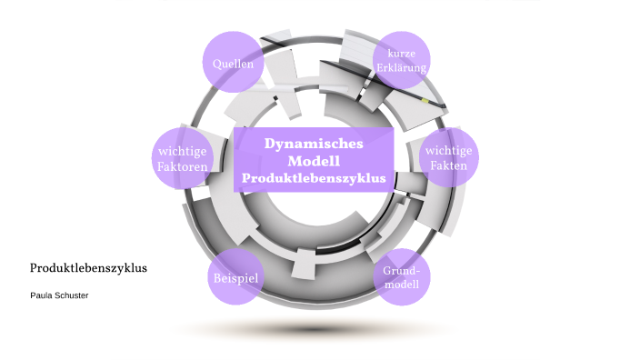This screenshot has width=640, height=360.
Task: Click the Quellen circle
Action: pyautogui.click(x=233, y=64)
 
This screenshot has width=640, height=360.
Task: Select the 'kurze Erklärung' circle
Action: pyautogui.click(x=401, y=61)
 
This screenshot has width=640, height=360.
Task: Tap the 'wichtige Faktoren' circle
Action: pyautogui.click(x=183, y=158)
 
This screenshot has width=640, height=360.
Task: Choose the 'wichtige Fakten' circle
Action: pyautogui.click(x=450, y=158)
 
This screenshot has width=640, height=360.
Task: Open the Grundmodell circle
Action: pyautogui.click(x=401, y=277)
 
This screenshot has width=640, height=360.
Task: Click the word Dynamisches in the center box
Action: pyautogui.click(x=314, y=144)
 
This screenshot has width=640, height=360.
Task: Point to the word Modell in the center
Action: pyautogui.click(x=314, y=161)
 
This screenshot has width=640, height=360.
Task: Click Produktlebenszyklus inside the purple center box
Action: pyautogui.click(x=314, y=178)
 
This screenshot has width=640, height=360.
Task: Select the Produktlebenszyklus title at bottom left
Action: pyautogui.click(x=88, y=268)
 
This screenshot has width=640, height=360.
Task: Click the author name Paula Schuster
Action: pyautogui.click(x=59, y=295)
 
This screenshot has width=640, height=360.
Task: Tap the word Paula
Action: pyautogui.click(x=42, y=295)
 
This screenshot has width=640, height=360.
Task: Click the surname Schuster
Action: pyautogui.click(x=72, y=295)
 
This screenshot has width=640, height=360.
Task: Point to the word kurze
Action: pyautogui.click(x=401, y=54)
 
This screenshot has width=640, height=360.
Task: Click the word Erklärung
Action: pyautogui.click(x=401, y=68)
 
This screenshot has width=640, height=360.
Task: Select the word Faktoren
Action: pyautogui.click(x=183, y=167)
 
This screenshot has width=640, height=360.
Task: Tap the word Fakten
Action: pyautogui.click(x=450, y=166)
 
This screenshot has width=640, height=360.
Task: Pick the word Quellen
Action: pyautogui.click(x=233, y=64)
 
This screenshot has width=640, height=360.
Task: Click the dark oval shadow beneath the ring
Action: pyautogui.click(x=314, y=327)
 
